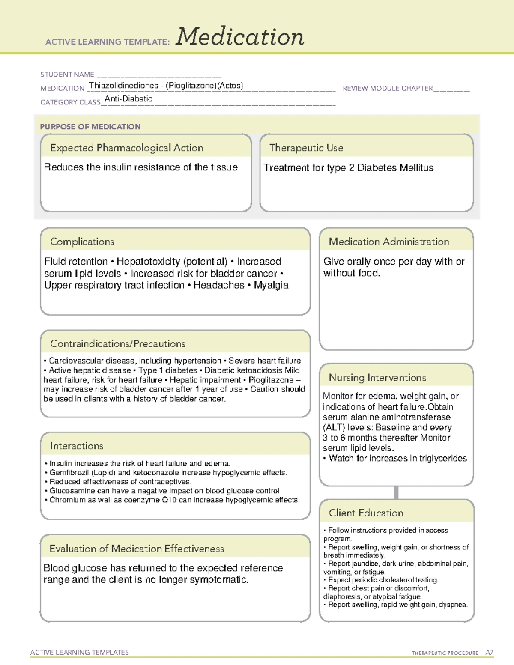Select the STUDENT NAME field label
(67, 75)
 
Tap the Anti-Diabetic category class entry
(128, 99)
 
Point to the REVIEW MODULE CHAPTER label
(388, 88)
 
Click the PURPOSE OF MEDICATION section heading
(90, 127)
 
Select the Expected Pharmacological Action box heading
(126, 148)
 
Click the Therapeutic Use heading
(306, 148)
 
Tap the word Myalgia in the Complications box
(271, 285)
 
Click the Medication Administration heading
(388, 242)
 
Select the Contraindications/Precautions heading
(117, 344)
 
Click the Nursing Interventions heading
(377, 378)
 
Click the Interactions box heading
(76, 446)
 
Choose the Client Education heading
(366, 513)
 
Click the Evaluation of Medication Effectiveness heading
(137, 549)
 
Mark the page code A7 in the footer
(489, 653)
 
